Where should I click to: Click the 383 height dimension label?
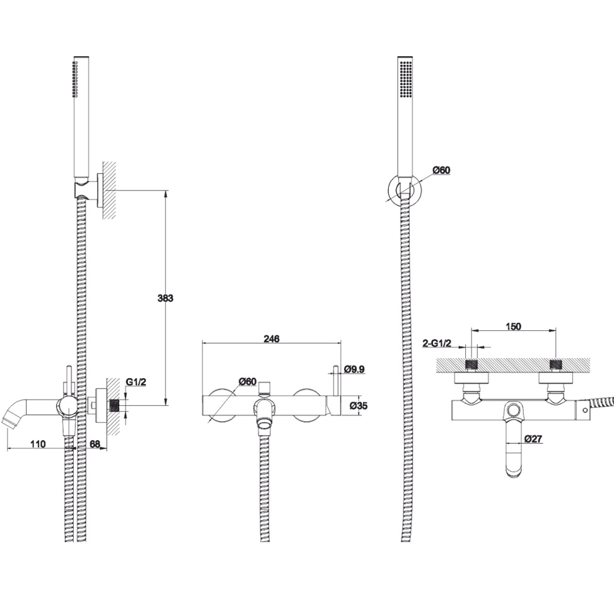pyautogui.click(x=165, y=298)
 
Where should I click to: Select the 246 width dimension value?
pyautogui.click(x=271, y=339)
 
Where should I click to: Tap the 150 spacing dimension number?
pyautogui.click(x=513, y=327)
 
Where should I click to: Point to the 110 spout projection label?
pyautogui.click(x=38, y=444)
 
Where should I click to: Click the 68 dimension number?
pyautogui.click(x=95, y=444)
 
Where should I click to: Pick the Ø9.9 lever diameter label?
pyautogui.click(x=354, y=369)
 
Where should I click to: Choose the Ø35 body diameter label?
pyautogui.click(x=358, y=406)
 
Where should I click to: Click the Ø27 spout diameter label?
pyautogui.click(x=533, y=439)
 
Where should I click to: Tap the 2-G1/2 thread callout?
pyautogui.click(x=437, y=344)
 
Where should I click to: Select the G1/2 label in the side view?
pyautogui.click(x=136, y=382)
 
